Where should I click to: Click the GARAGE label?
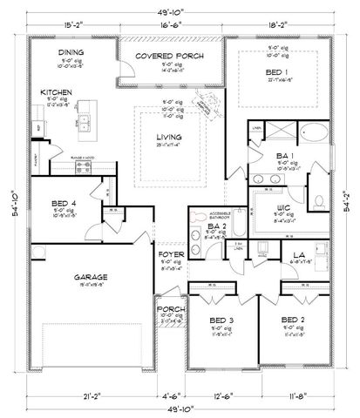(91, 278)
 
